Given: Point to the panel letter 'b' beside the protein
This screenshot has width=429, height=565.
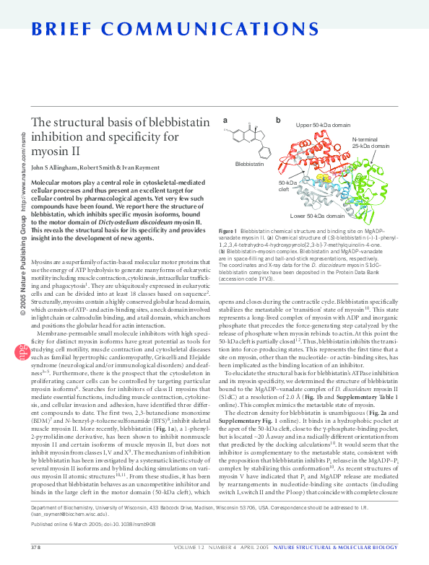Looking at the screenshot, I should click(x=278, y=120).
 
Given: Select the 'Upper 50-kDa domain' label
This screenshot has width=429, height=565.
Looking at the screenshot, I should click(x=322, y=125).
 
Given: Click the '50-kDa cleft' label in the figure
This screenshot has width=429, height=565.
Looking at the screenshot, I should click(x=287, y=187).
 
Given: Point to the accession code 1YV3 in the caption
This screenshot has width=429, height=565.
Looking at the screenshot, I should click(x=266, y=277).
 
